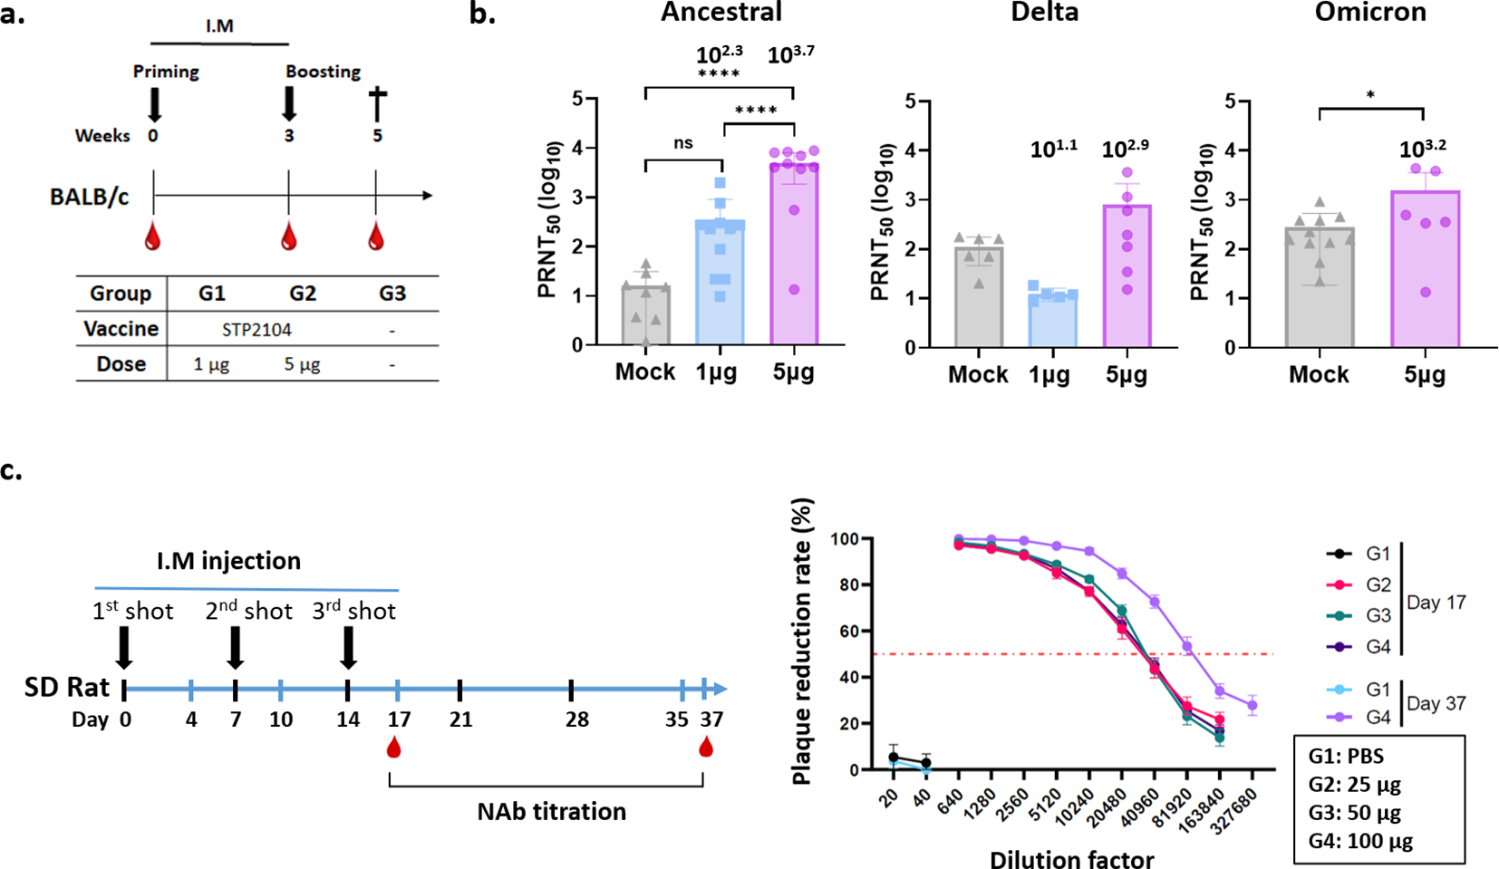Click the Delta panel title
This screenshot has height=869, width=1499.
pos(1045,12)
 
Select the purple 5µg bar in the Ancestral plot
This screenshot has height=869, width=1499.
pos(794,254)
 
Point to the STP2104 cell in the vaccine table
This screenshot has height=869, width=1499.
pos(256,330)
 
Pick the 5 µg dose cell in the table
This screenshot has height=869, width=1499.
pos(302,364)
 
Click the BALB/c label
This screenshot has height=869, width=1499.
pos(89,197)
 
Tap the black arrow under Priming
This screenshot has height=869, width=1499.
pos(154,104)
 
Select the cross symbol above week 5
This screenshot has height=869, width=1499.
pos(377,104)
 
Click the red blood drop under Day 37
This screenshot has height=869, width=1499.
pos(705,748)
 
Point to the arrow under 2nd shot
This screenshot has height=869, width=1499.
pos(235,648)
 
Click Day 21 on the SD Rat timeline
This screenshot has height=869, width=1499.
pos(460,719)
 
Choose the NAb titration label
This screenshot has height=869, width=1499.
pos(551,811)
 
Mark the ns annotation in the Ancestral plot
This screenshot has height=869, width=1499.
pos(683,143)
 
